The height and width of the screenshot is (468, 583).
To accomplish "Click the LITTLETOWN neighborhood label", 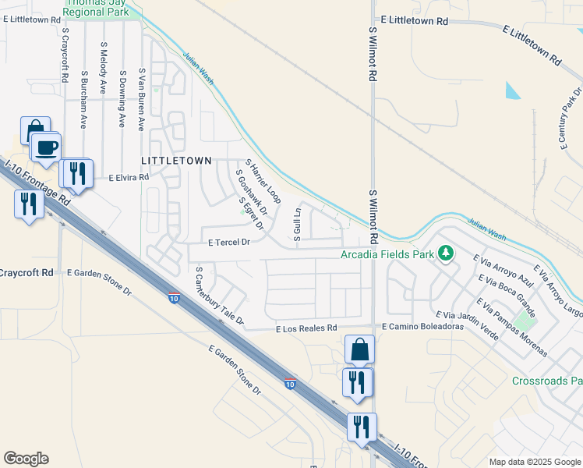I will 176,160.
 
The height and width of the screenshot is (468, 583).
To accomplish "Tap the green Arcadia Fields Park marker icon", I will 446,253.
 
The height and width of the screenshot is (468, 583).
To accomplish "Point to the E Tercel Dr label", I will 228,243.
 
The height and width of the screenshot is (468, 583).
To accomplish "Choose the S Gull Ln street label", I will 297,224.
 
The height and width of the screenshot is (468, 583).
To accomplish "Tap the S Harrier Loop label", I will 263,181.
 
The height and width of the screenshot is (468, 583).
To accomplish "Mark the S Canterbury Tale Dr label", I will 220,296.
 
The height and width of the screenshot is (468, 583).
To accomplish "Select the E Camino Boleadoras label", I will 422,326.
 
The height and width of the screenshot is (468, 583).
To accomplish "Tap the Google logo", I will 26,459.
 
